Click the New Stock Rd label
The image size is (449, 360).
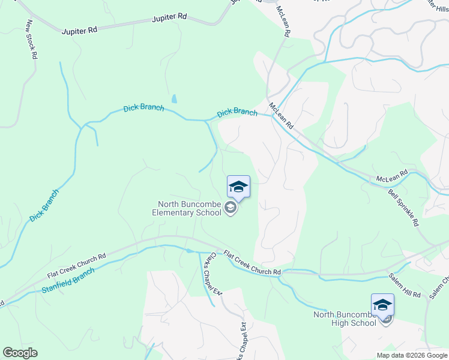[32, 39]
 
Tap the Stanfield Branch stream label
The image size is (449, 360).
[68, 280]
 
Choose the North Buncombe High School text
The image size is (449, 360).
[345, 319]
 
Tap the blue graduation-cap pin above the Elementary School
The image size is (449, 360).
[238, 187]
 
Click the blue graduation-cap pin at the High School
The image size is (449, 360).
[382, 305]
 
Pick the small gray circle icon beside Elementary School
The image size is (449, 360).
[230, 208]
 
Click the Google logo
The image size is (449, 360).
[20, 353]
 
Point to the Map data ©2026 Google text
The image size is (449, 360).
[412, 355]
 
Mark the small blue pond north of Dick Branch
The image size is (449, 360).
[173, 98]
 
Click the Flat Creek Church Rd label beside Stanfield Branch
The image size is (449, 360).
[76, 265]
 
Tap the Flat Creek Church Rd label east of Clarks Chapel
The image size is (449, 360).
[252, 263]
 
